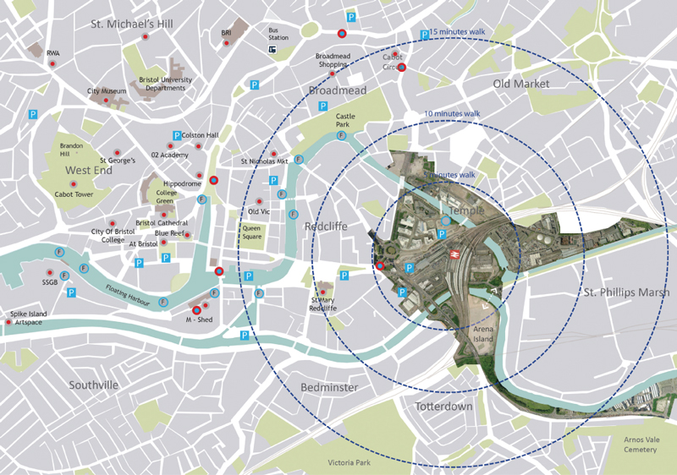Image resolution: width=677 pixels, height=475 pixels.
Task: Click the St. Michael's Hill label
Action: pos(132,24)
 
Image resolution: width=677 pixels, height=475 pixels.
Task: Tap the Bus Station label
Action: pos(278,34)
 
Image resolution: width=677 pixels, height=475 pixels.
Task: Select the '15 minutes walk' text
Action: pos(458,32)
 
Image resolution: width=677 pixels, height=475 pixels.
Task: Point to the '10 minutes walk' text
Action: pos(452,113)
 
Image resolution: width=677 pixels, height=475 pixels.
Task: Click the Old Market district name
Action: pos(521,84)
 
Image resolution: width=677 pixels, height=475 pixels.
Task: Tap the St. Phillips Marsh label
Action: pos(626,292)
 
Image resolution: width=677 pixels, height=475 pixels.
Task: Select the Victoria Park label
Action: pos(350,463)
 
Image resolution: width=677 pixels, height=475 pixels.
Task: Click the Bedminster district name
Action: pos(330,387)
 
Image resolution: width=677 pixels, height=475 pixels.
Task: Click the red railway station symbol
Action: pos(454,253)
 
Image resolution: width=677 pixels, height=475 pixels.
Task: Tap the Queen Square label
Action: pos(252,232)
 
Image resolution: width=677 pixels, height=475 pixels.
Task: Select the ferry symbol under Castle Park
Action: pos(342,135)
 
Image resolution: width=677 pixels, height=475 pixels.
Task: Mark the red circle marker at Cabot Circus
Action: pos(402,67)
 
